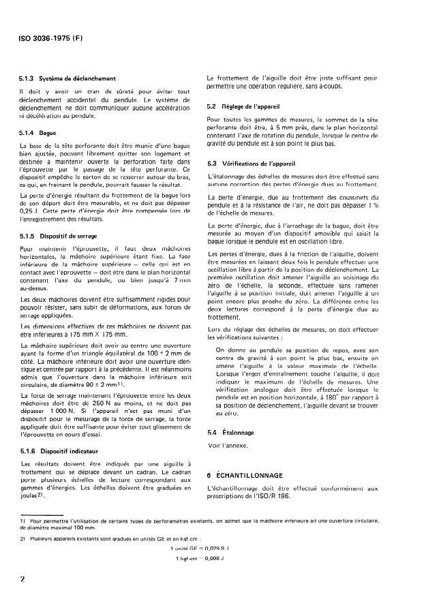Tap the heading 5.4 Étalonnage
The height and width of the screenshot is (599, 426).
click(230, 414)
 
